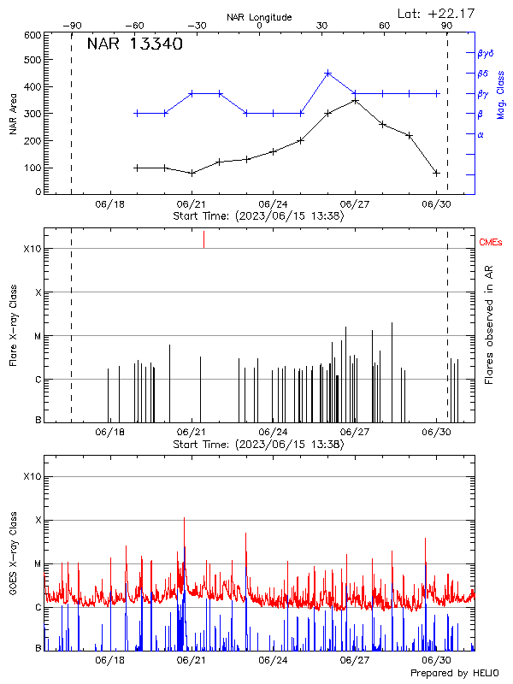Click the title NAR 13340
coord(134,45)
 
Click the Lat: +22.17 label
coord(437,13)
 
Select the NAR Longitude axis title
coord(259,17)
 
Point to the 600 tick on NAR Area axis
coord(33,35)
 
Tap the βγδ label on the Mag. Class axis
coord(486,52)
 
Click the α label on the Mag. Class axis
coord(481,134)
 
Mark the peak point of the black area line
coord(355,100)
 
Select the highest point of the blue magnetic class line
coord(327,74)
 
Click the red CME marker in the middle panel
coord(203,239)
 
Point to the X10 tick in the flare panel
coord(32,249)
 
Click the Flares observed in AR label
coord(488,325)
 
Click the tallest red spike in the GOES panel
coord(184,519)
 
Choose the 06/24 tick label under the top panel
coord(273,205)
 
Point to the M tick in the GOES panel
coord(38,564)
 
